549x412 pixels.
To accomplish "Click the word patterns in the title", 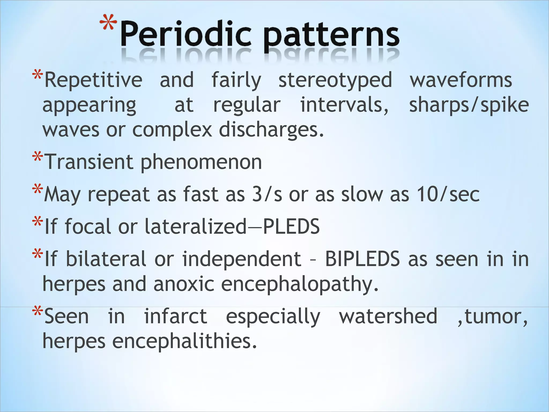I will (x=331, y=36).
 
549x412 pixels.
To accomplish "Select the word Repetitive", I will (x=93, y=80).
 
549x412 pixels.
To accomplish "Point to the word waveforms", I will (x=461, y=80).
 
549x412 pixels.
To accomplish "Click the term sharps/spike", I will (x=469, y=105).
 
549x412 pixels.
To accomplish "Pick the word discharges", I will (x=271, y=130).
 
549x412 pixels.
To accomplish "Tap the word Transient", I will (x=89, y=162).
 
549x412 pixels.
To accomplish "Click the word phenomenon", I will (x=201, y=163).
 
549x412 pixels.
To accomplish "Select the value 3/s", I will (x=267, y=194).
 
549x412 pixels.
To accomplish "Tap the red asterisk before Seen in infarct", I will (x=37, y=313).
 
